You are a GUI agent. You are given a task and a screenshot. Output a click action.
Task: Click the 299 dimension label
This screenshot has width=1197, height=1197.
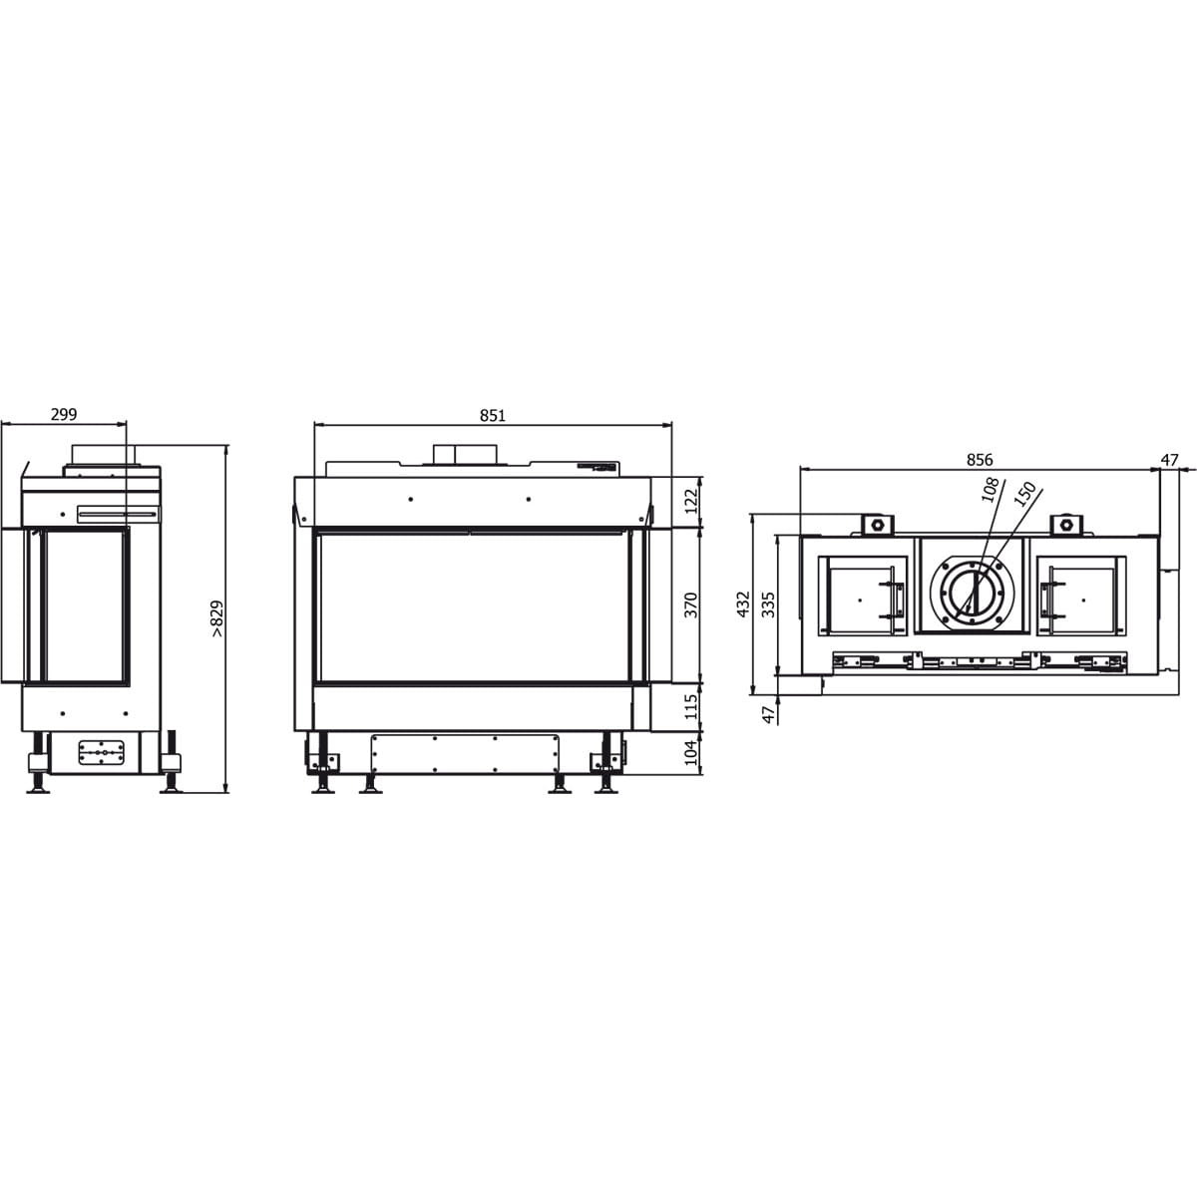(64, 414)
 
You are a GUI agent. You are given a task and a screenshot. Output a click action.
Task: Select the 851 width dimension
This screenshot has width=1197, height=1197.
(492, 415)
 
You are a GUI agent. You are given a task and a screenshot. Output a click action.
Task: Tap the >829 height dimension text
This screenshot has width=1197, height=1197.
(217, 618)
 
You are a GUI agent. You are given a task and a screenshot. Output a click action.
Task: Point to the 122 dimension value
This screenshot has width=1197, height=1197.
(691, 501)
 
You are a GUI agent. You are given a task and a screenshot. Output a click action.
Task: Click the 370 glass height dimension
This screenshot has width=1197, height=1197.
(691, 605)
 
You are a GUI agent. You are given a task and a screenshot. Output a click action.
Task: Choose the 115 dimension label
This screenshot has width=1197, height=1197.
(691, 706)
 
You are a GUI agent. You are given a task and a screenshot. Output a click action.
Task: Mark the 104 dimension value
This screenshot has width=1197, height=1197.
(691, 753)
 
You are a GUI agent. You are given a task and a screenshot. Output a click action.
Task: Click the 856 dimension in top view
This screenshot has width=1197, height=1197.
(980, 460)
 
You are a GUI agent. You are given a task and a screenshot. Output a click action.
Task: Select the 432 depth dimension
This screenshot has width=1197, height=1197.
(743, 604)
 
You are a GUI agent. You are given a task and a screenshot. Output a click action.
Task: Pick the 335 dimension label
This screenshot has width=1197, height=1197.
(769, 604)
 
